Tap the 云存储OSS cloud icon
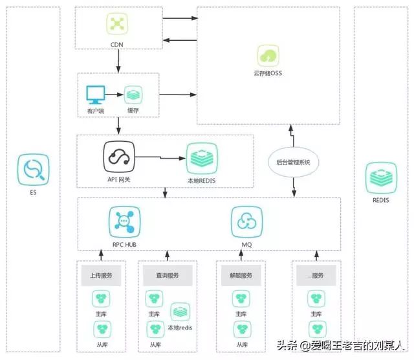[x=268, y=55]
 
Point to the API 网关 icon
[x=118, y=157]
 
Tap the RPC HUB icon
[x=123, y=222]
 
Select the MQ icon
[x=246, y=222]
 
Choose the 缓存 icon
[x=133, y=95]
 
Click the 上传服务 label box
[x=100, y=275]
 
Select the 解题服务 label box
[x=241, y=275]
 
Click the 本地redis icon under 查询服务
[x=180, y=312]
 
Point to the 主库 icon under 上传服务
[x=100, y=299]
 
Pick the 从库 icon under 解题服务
[x=241, y=329]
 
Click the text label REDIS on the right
[x=381, y=200]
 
